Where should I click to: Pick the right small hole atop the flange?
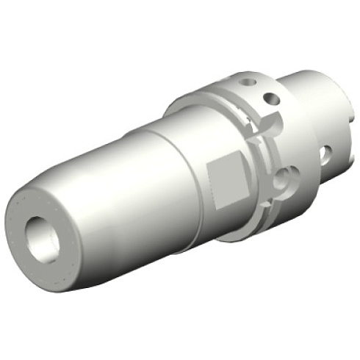273,98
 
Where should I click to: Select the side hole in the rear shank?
325,154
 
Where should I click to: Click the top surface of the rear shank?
309,81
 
